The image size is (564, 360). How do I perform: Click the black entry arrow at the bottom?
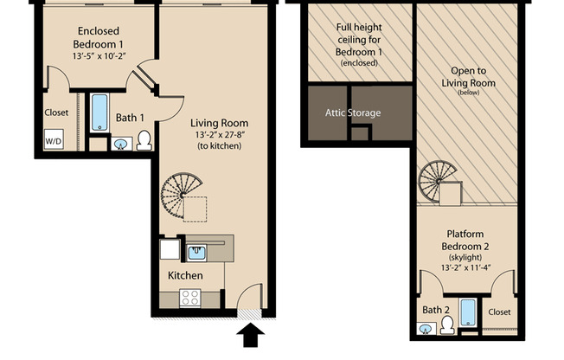coord(252,335)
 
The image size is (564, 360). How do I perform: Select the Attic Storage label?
coord(352,113)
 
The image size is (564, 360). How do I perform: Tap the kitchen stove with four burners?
coord(190,299)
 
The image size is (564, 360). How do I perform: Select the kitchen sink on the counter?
coord(196,252)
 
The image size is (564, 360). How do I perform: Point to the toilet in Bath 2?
coord(447,325)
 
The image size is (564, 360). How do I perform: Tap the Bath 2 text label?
coord(436,310)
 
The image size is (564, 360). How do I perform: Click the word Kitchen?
coord(185,275)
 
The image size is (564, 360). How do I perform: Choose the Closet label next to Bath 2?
coord(499,312)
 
